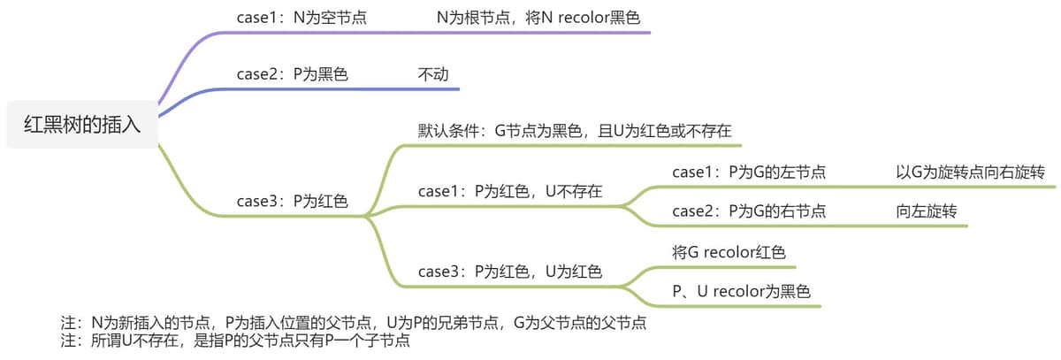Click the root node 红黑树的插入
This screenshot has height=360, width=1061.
82,125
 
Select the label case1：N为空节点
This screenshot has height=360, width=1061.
302,18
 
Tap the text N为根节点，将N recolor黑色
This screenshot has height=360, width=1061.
538,18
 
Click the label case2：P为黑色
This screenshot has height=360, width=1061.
293,74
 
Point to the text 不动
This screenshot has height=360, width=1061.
433,74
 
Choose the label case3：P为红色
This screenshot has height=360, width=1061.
293,202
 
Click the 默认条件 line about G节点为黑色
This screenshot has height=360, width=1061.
575,131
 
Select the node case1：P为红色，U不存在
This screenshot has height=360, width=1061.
510,191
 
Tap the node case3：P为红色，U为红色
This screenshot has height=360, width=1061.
510,272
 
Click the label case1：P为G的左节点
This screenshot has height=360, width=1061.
749,172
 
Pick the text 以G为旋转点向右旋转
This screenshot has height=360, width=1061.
970,172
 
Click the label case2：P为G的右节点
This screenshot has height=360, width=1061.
749,211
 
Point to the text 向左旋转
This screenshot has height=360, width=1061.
927,211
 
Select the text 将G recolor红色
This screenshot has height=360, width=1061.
729,252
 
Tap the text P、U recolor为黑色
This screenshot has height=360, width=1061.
741,291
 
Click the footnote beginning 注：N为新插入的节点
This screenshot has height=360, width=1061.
354,323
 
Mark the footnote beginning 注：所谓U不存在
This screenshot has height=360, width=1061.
235,341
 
